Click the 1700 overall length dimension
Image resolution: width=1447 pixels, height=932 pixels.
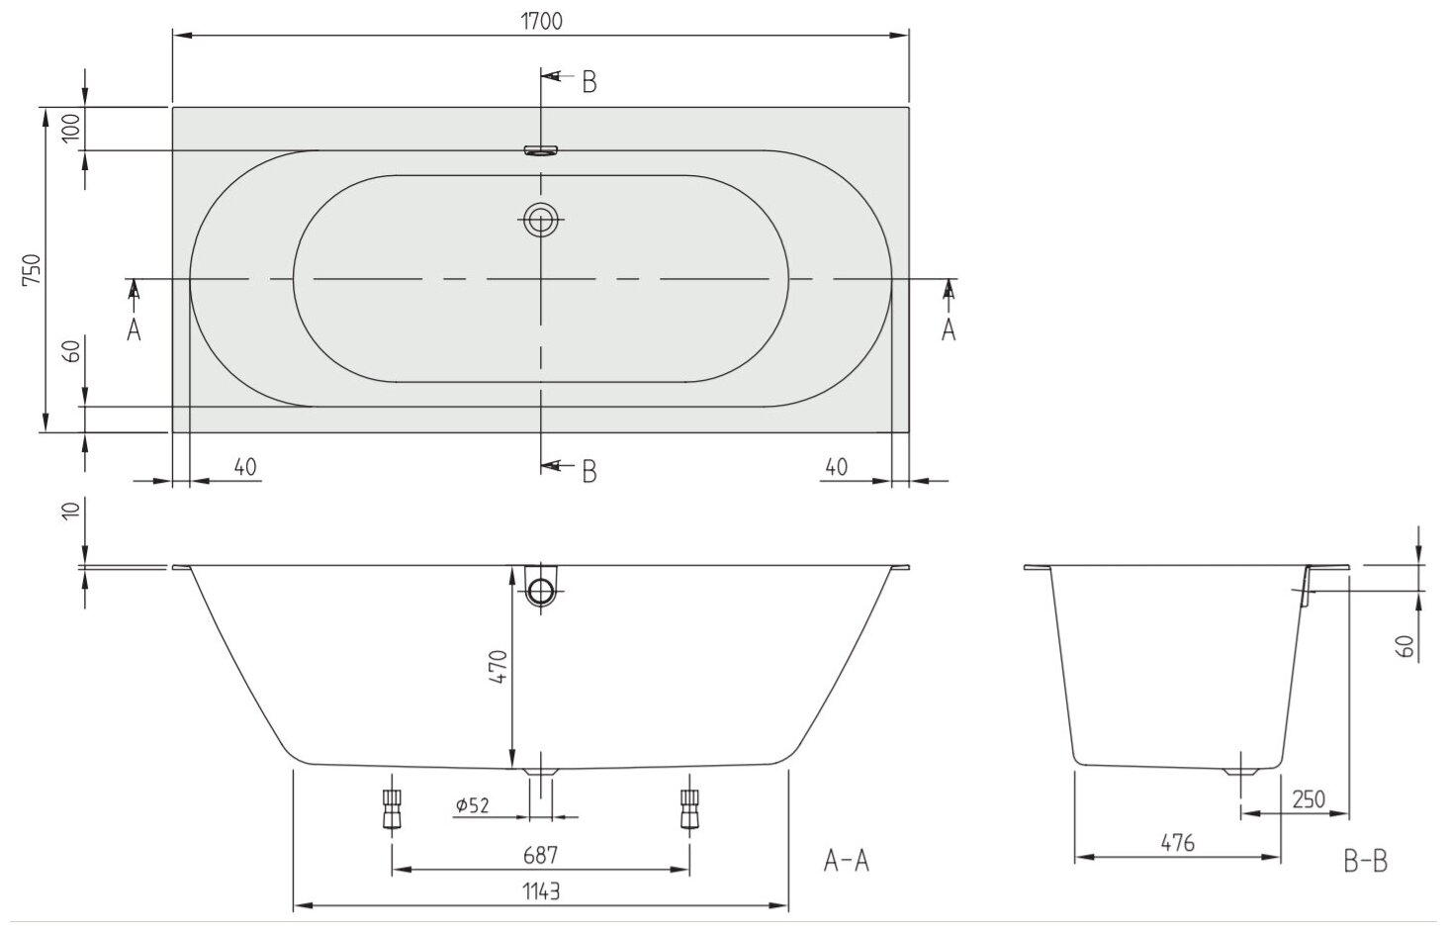pos(541,21)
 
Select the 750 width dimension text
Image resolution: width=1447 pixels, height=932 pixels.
pos(32,269)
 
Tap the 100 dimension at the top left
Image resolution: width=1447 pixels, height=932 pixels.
pos(70,129)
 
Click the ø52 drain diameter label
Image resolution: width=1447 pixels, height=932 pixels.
pos(473,805)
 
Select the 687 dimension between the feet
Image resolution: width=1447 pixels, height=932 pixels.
pos(541,854)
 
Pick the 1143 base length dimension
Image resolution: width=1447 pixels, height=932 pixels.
pos(541,890)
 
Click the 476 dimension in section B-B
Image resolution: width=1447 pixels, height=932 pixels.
pos(1177,843)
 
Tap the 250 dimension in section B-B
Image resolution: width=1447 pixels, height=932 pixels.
pos(1308,798)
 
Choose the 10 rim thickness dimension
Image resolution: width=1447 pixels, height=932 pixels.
pos(70,511)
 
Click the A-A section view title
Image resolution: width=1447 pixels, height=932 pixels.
pos(846,862)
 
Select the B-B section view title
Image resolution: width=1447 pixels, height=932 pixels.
pos(1365,862)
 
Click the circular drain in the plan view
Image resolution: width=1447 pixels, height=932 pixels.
pos(541,220)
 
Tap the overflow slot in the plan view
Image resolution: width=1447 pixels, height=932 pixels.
pos(541,150)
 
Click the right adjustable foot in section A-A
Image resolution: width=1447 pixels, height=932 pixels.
pos(689,810)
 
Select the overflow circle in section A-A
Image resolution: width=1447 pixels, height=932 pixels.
pos(541,591)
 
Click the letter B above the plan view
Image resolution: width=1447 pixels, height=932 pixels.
pos(588,83)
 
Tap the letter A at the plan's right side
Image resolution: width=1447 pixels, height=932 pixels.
pos(949,329)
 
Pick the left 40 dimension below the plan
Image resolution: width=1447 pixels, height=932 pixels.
pos(245,466)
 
